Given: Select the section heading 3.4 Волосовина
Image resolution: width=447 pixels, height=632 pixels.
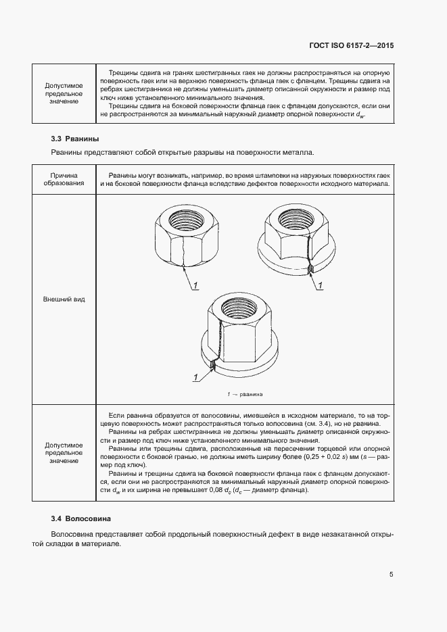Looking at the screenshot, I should [x=80, y=518].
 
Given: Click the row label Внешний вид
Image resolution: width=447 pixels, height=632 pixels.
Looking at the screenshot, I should [x=64, y=298].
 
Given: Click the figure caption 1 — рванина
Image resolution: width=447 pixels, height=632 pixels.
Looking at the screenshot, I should [x=244, y=393].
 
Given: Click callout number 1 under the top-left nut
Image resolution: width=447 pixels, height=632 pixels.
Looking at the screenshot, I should [x=195, y=287].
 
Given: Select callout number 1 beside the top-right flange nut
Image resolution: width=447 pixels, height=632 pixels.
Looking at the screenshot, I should [x=319, y=287].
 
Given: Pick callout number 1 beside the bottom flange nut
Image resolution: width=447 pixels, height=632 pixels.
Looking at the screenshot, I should [x=196, y=376].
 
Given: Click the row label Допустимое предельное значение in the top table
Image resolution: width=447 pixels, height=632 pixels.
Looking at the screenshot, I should [x=64, y=93].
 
